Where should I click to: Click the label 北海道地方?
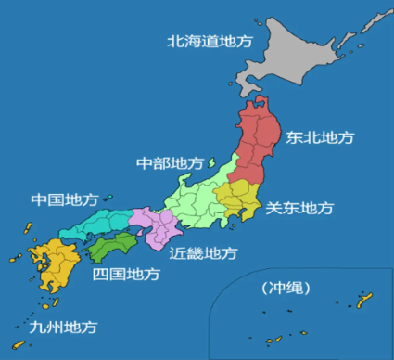click(209, 41)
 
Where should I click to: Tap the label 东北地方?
click(320, 137)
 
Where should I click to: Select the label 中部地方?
click(170, 163)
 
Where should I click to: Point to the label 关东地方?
click(299, 208)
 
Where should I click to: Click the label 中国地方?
click(64, 200)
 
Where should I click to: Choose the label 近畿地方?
click(203, 252)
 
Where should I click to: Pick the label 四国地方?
click(126, 275)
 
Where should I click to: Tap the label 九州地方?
click(63, 327)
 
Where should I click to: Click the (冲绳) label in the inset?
click(286, 288)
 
